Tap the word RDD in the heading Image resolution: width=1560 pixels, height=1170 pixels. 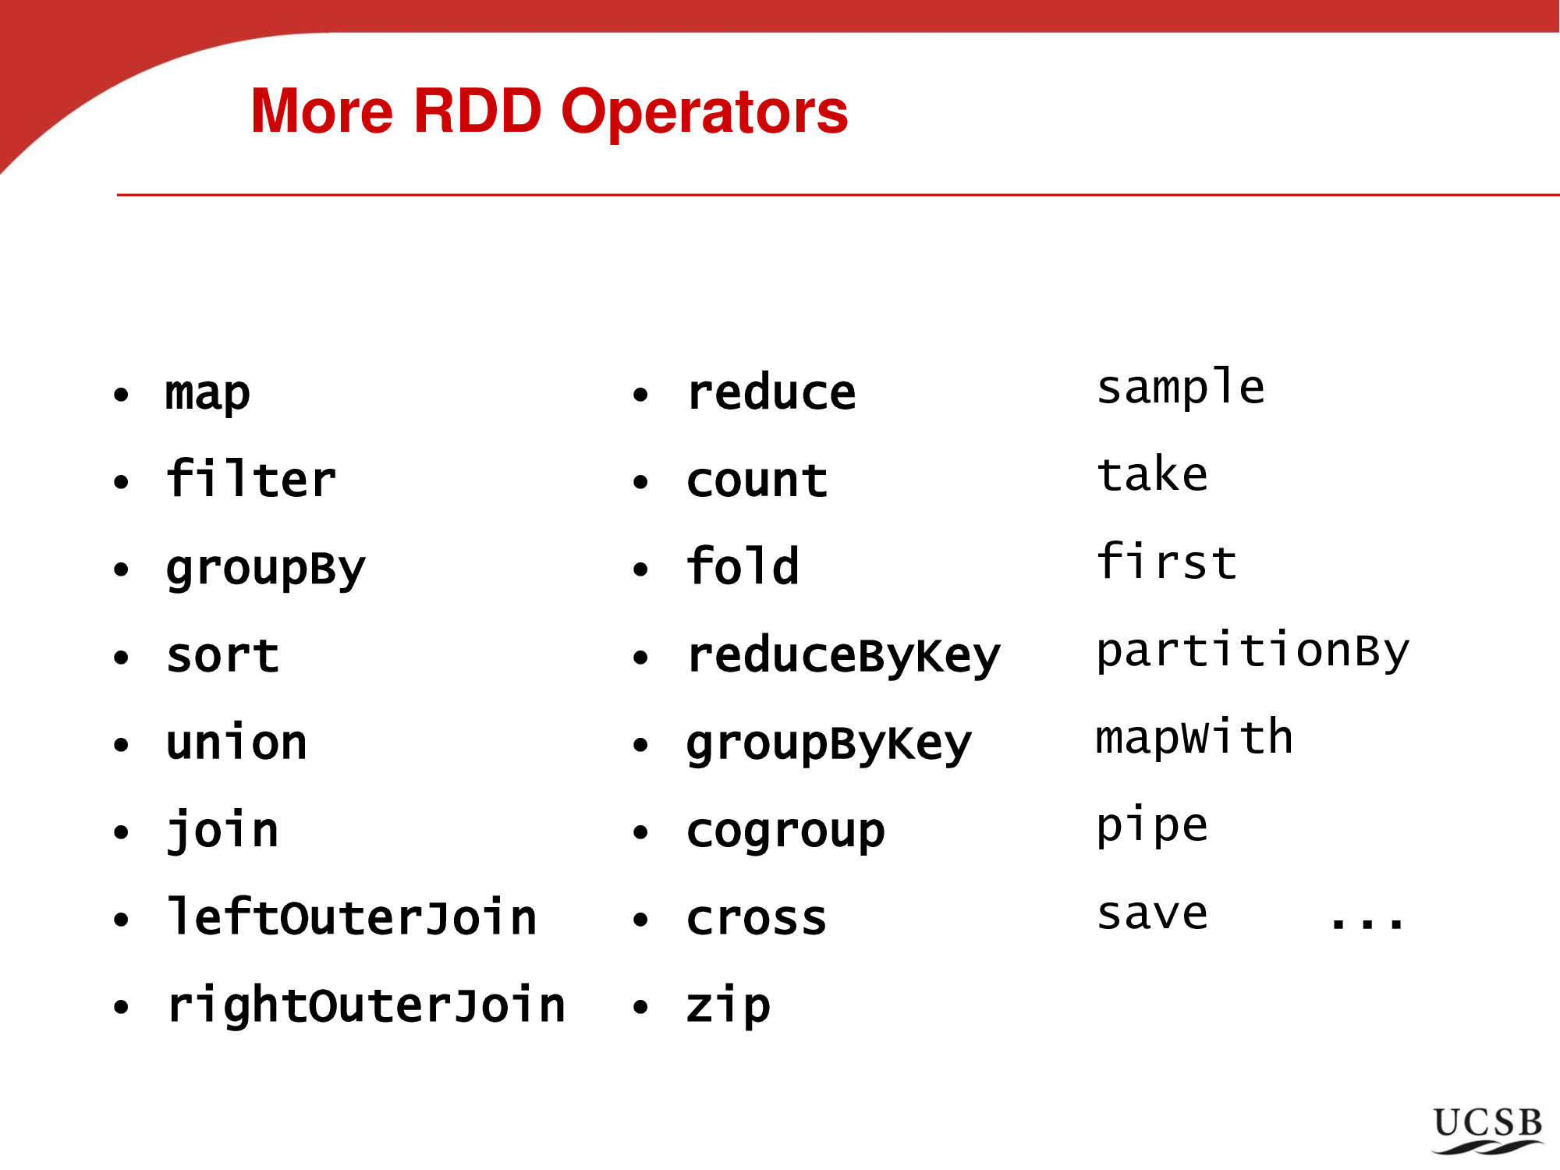tap(477, 111)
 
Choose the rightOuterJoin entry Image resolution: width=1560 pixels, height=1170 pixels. tap(366, 1004)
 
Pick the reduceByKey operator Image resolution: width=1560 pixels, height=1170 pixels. tap(843, 656)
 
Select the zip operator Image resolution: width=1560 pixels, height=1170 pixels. tap(729, 1005)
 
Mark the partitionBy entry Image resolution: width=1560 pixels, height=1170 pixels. tap(1253, 651)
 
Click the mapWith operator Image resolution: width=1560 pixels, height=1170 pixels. tap(1194, 737)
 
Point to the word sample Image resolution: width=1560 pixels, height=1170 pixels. tap(1180, 388)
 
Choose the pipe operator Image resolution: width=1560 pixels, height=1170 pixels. tap(1152, 826)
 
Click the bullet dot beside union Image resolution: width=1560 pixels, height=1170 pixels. tap(121, 744)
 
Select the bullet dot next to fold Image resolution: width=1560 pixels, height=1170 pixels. tap(640, 569)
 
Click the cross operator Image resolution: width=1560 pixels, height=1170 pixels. tap(757, 919)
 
